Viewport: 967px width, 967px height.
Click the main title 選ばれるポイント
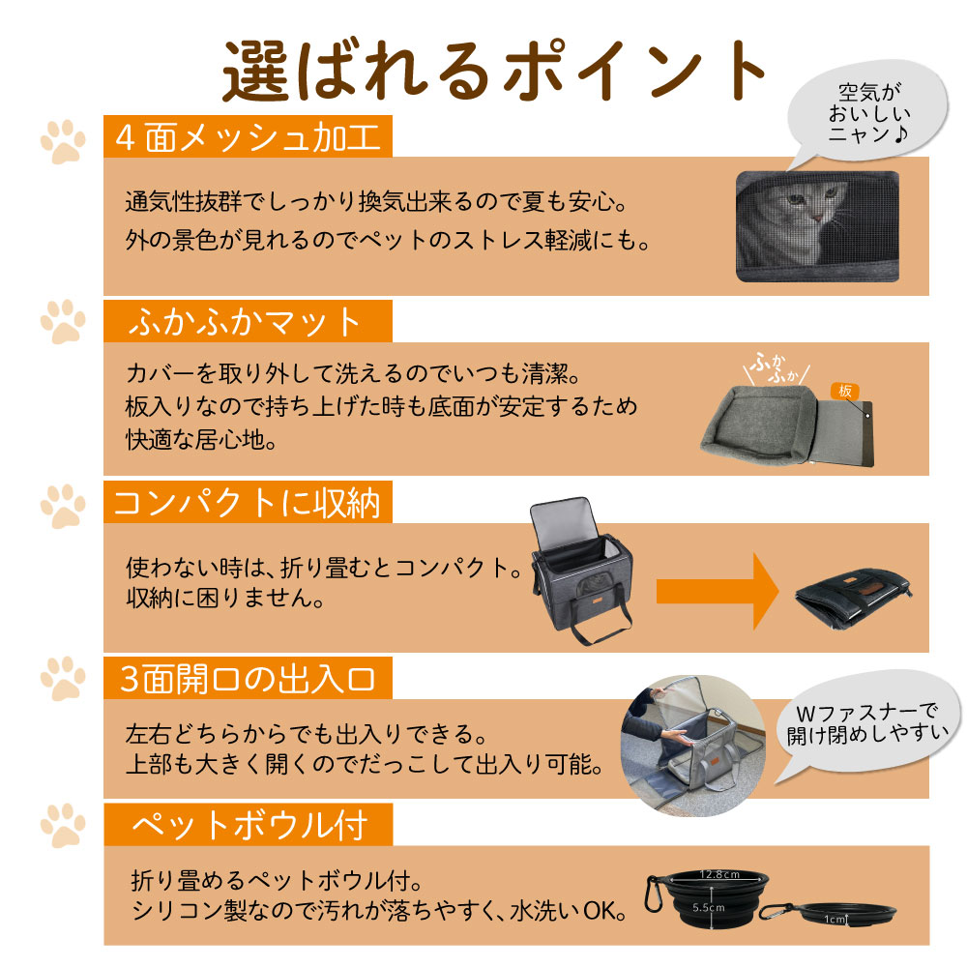[494, 72]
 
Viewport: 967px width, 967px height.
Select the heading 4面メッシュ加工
[248, 137]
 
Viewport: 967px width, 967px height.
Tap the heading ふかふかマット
[245, 321]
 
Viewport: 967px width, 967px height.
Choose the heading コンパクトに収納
[247, 503]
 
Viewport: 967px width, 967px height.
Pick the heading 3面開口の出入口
[248, 679]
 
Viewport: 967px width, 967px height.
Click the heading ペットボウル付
[249, 825]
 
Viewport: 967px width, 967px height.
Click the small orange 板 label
[845, 391]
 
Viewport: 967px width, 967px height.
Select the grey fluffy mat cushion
[762, 423]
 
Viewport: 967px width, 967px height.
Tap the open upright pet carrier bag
[581, 571]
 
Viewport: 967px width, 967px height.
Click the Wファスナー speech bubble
[866, 724]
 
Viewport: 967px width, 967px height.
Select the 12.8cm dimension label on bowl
[719, 874]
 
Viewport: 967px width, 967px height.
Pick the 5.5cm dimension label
[709, 907]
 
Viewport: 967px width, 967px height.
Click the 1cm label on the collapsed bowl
[835, 919]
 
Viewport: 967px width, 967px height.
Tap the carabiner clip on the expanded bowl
[654, 894]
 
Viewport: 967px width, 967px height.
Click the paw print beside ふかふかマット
[63, 321]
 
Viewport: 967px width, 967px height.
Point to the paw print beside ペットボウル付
[63, 825]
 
